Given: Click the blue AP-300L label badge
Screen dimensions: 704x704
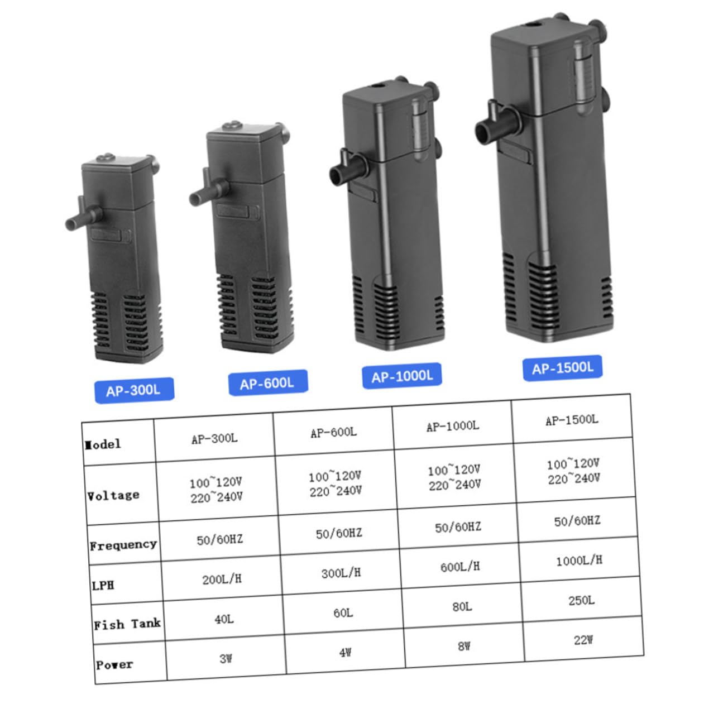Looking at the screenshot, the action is [x=134, y=391].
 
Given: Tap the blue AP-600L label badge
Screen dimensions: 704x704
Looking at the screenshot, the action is [x=268, y=383].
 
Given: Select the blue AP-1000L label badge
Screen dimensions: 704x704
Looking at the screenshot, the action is [x=402, y=376].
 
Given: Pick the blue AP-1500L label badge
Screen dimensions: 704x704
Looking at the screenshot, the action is [x=563, y=368].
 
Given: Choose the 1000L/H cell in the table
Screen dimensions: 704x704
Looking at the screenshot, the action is [x=579, y=561].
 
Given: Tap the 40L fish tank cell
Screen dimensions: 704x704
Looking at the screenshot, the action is [x=224, y=619].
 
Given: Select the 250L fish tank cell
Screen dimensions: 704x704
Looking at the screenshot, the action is [x=581, y=600].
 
